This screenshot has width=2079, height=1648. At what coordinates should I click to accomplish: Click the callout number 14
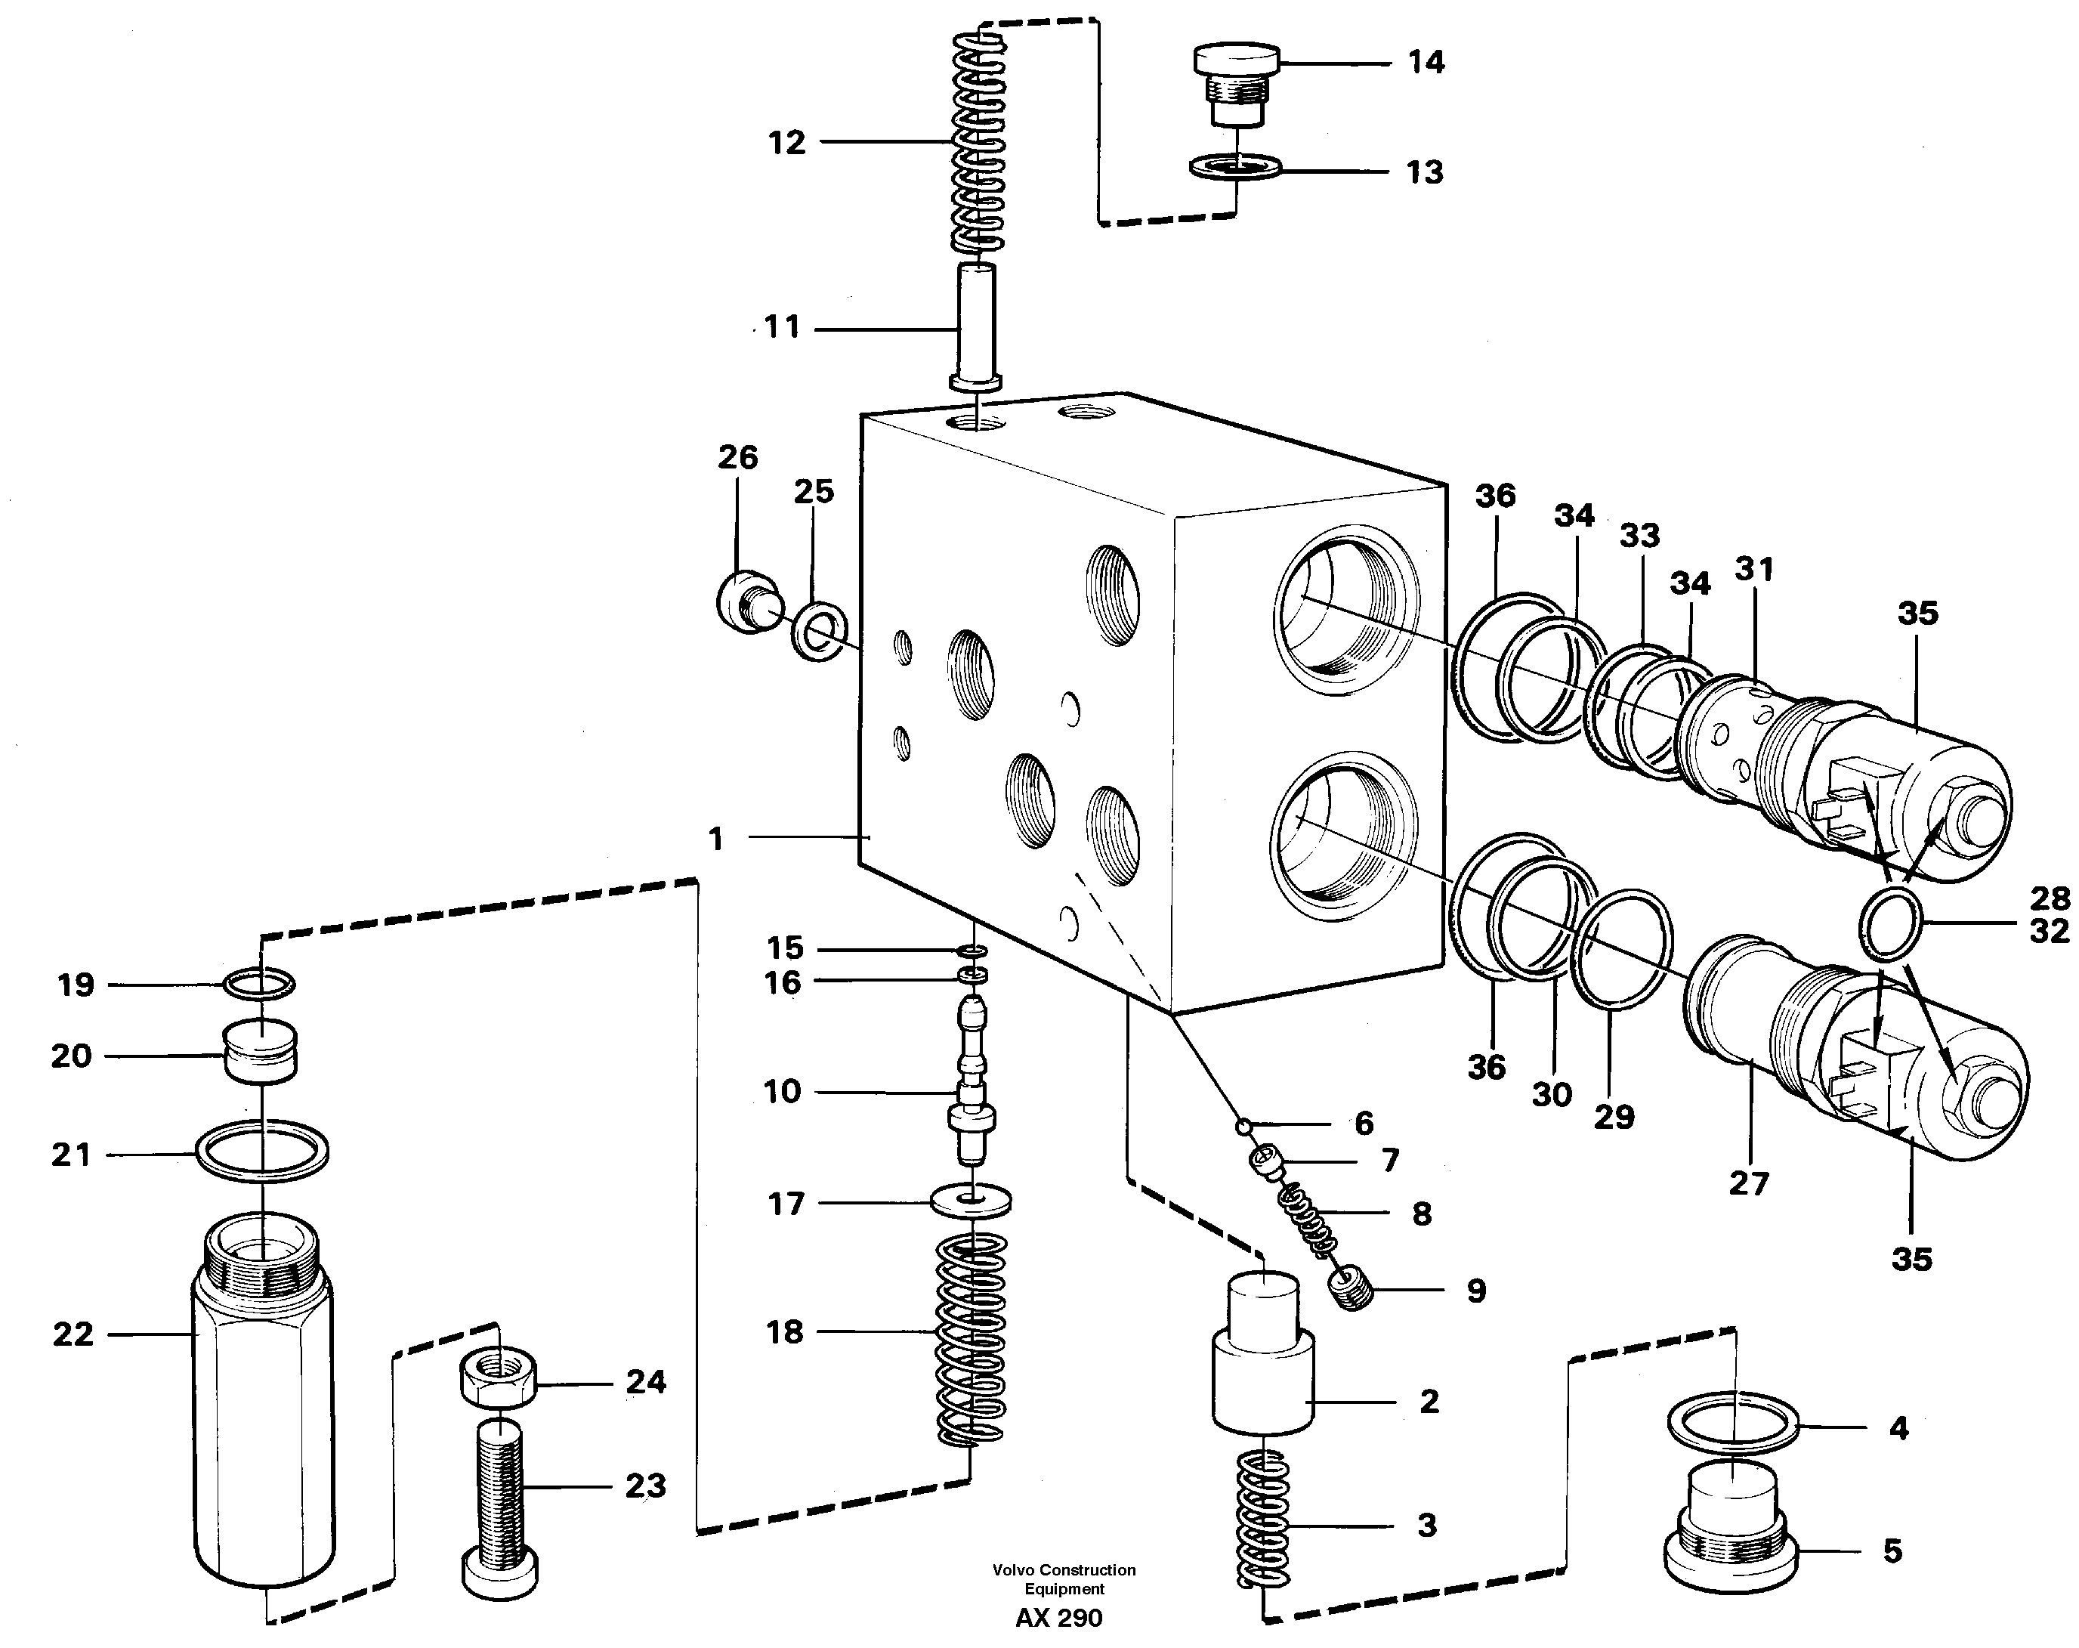point(1426,63)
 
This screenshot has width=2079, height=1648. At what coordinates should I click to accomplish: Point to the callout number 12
point(786,143)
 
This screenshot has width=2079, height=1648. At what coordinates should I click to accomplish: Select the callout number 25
point(813,492)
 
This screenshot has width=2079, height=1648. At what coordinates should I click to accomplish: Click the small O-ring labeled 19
point(259,984)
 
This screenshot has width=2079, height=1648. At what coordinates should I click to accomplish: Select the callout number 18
point(784,1333)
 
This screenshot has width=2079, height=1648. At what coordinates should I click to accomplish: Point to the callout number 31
point(1754,570)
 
